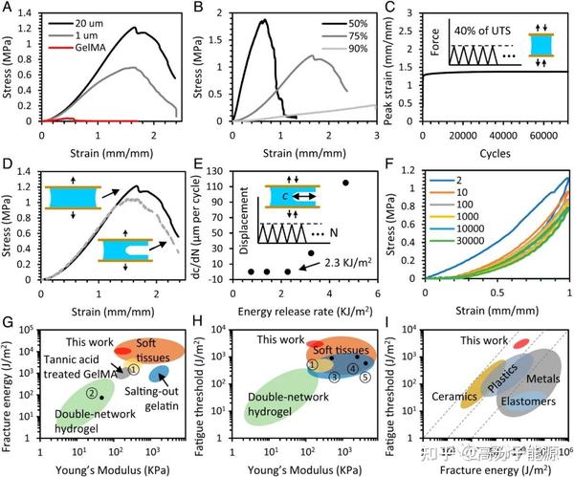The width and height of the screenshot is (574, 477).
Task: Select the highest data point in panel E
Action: click(x=345, y=183)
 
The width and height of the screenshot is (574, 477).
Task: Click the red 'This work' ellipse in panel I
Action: click(x=520, y=342)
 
